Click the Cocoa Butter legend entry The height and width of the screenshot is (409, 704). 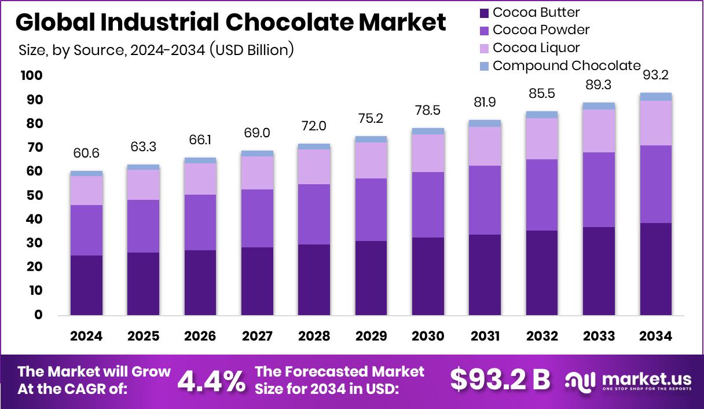536,12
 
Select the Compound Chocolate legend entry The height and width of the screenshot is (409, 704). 567,65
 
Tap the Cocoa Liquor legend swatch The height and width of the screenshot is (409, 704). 484,48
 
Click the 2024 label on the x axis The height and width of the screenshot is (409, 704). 86,337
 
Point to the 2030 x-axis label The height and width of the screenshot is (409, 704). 428,337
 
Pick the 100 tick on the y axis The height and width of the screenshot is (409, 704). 31,76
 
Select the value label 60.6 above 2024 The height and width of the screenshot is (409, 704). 86,154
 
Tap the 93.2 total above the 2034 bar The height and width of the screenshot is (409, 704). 656,75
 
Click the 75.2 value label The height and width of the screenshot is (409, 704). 371,119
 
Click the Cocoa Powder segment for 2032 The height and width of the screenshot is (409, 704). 542,195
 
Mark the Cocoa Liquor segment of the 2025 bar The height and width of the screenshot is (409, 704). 143,185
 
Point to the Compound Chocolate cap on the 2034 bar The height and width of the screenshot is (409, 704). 656,97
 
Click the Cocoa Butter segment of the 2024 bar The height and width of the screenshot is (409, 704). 86,285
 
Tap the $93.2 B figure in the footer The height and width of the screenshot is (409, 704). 500,380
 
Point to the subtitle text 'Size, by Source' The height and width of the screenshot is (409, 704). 71,50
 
